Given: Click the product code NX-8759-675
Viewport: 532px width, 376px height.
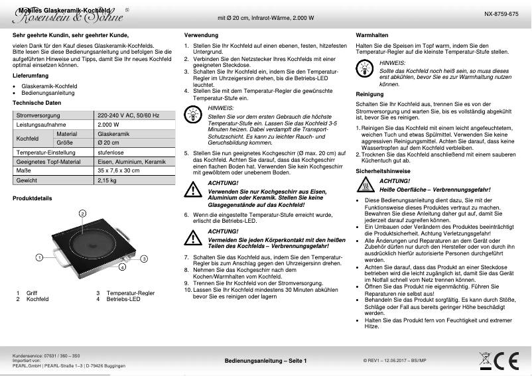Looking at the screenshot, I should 501,14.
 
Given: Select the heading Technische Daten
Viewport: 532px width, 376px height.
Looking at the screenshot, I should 37,103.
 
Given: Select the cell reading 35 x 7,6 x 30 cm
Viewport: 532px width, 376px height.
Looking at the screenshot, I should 119,171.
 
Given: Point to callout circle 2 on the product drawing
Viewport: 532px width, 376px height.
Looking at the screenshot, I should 81,194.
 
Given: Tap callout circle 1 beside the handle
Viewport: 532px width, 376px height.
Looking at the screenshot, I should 39,238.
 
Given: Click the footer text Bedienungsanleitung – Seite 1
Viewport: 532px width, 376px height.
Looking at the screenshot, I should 265,360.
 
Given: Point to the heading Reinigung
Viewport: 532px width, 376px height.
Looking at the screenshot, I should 369,94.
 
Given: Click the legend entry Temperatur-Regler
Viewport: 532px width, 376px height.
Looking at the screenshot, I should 130,293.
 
